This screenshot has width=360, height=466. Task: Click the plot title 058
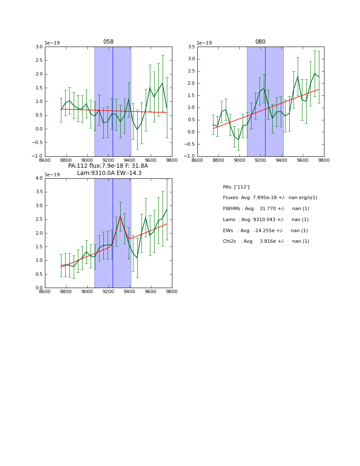pyautogui.click(x=108, y=42)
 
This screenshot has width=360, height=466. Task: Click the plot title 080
pyautogui.click(x=260, y=42)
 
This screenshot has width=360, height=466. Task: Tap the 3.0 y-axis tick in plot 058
pyautogui.click(x=39, y=47)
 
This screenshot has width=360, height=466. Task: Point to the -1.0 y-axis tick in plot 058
pyautogui.click(x=38, y=156)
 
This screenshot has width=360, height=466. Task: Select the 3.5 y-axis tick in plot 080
pyautogui.click(x=191, y=47)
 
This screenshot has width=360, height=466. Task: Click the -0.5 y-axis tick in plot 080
pyautogui.click(x=190, y=144)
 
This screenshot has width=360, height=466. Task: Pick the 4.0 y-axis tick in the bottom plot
pyautogui.click(x=39, y=178)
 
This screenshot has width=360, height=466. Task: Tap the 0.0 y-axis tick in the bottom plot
pyautogui.click(x=39, y=288)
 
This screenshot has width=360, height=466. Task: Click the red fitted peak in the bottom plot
pyautogui.click(x=120, y=216)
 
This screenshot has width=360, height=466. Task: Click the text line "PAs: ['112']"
pyautogui.click(x=236, y=187)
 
